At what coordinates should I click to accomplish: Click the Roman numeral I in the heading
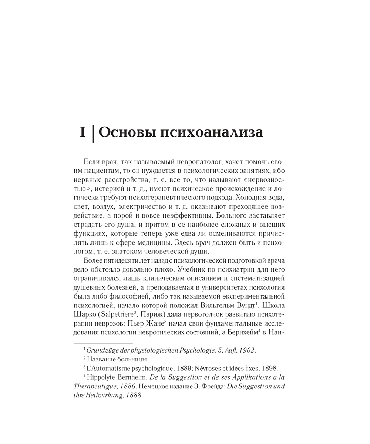coord(83,132)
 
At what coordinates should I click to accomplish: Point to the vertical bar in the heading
coord(93,133)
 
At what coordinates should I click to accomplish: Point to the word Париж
coord(153,314)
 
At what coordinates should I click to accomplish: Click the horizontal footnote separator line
coord(103,344)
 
